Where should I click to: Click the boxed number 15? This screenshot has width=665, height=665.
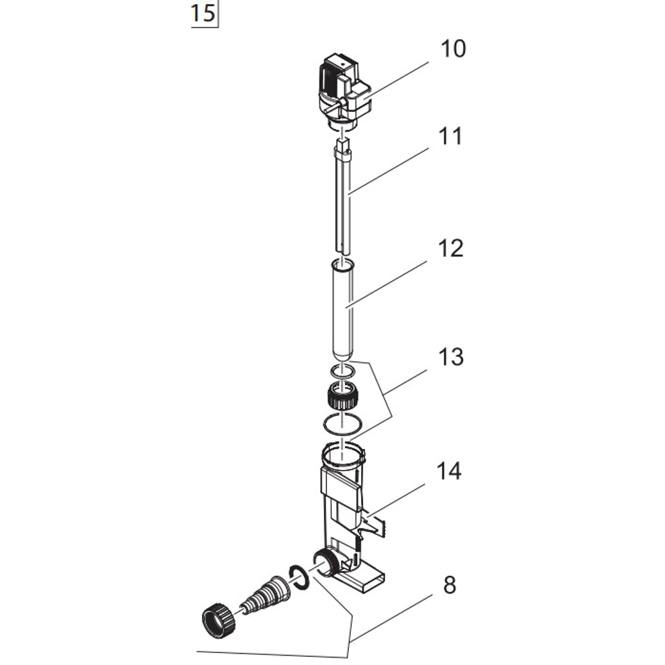(204, 14)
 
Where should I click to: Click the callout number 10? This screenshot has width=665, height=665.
(453, 50)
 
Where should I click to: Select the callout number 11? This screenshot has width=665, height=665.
(450, 136)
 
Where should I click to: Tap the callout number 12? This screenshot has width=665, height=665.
(450, 248)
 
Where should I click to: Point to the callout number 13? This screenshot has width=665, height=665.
(450, 357)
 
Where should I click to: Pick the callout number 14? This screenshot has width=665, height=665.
(449, 472)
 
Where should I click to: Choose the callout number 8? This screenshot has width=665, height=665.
(449, 585)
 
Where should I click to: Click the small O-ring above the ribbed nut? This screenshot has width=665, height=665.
(343, 370)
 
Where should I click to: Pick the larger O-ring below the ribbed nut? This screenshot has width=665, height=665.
(343, 424)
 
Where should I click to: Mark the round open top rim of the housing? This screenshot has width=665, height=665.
(343, 456)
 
